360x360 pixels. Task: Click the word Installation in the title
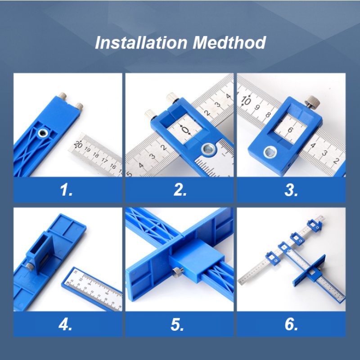click(x=141, y=43)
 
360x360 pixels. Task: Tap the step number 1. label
click(x=67, y=190)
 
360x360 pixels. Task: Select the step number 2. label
click(x=180, y=190)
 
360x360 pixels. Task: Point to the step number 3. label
click(x=292, y=190)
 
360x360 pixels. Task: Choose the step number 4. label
click(x=66, y=324)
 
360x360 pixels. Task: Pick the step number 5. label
click(x=178, y=324)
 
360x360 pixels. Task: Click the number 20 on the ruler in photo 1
click(x=78, y=144)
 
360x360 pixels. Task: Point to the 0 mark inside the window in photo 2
click(x=185, y=130)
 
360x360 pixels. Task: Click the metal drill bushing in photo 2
click(x=208, y=148)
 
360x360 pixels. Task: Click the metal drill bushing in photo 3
click(x=270, y=152)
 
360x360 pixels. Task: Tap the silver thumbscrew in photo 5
click(x=179, y=272)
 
